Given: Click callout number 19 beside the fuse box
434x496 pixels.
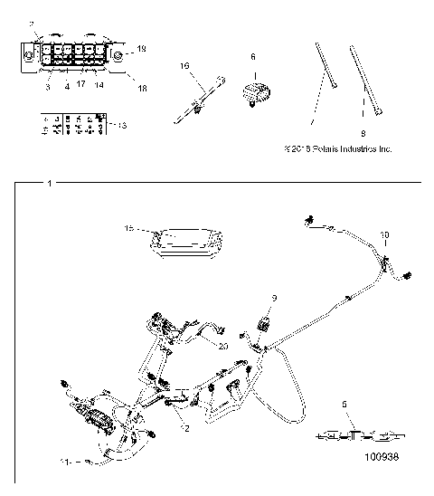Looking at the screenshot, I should (140, 47).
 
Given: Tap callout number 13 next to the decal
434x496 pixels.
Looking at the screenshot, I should (122, 125).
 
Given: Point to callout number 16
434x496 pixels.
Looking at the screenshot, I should (184, 65).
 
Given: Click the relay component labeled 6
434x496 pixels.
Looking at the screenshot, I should (254, 91).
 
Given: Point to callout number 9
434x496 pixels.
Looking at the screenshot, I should (276, 297).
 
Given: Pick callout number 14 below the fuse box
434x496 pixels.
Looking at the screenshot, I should (98, 85).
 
